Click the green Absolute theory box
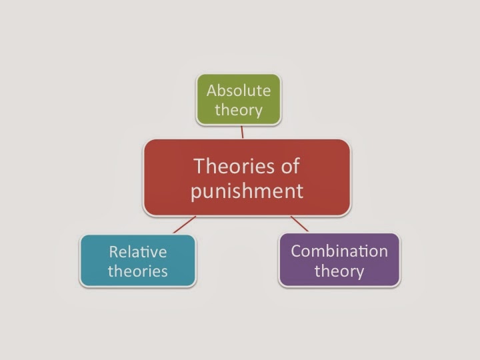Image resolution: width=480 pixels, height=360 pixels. pyautogui.click(x=239, y=99)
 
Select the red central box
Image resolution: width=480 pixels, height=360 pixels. pyautogui.click(x=247, y=177)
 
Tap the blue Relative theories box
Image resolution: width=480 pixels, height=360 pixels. pyautogui.click(x=138, y=261)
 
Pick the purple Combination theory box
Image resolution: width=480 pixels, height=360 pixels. pyautogui.click(x=339, y=261)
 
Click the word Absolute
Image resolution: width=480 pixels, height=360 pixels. pyautogui.click(x=239, y=90)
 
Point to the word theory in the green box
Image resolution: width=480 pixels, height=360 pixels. pyautogui.click(x=239, y=109)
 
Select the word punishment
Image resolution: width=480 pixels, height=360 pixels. pyautogui.click(x=247, y=191)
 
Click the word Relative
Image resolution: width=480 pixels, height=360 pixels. pyautogui.click(x=138, y=251)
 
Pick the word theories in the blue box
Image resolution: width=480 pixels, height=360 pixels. pyautogui.click(x=138, y=271)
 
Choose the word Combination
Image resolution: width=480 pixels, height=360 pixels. pyautogui.click(x=339, y=251)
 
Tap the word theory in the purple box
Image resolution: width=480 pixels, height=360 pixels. pyautogui.click(x=339, y=271)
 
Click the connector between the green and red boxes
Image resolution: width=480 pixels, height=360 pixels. pyautogui.click(x=242, y=132)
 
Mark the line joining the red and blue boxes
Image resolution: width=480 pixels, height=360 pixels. pyautogui.click(x=185, y=225)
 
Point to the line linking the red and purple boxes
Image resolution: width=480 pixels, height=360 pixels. pyautogui.click(x=300, y=224)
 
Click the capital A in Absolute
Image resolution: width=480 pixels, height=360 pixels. pyautogui.click(x=212, y=90)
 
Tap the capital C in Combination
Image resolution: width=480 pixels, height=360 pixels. pyautogui.click(x=296, y=251)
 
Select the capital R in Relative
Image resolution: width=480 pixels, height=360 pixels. pyautogui.click(x=113, y=251)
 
